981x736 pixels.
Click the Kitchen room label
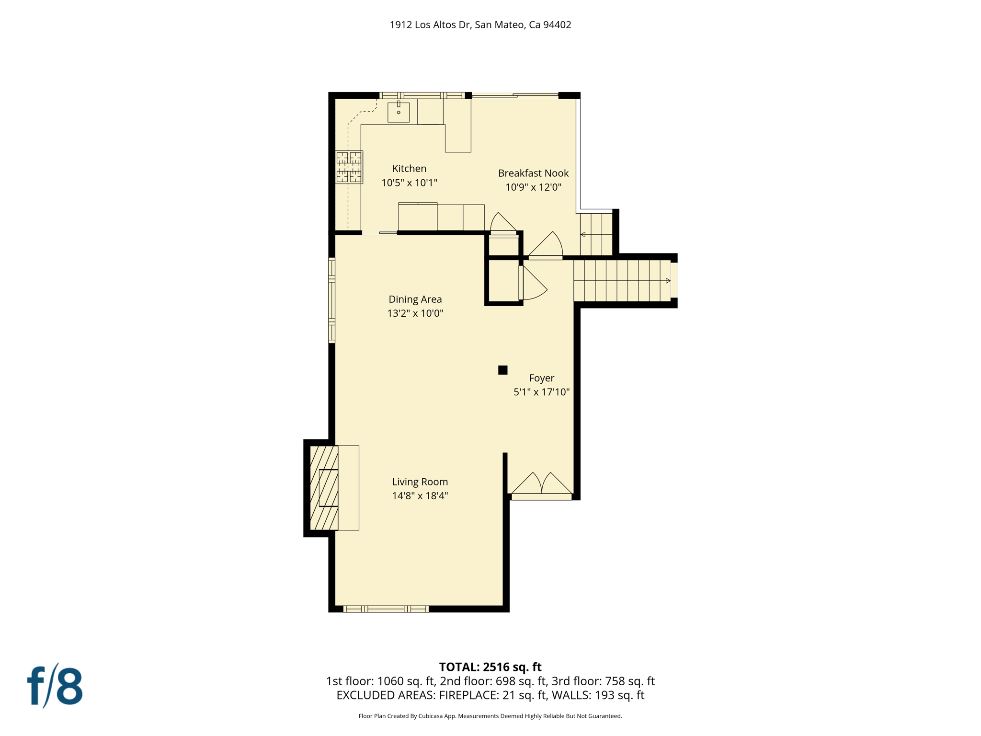click(x=409, y=169)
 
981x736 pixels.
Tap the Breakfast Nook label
click(x=533, y=173)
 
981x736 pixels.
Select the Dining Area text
click(x=415, y=299)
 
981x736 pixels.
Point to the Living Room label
click(x=420, y=482)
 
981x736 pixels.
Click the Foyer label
click(x=541, y=378)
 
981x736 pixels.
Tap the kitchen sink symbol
click(x=399, y=113)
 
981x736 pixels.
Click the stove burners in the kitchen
click(x=349, y=167)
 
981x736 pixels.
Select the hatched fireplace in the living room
click(x=324, y=488)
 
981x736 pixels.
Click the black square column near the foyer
click(x=502, y=370)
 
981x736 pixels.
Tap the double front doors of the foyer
click(x=542, y=485)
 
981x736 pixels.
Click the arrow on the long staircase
click(x=668, y=281)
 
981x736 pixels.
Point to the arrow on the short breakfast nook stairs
click(x=583, y=235)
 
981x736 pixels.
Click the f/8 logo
click(x=55, y=686)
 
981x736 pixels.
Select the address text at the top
click(x=480, y=25)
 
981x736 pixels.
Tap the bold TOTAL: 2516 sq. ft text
click(x=490, y=667)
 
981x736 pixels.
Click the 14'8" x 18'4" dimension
click(x=420, y=496)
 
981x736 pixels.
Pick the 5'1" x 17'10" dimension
click(x=541, y=392)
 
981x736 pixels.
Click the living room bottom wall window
click(x=386, y=609)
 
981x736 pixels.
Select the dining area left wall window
click(x=331, y=300)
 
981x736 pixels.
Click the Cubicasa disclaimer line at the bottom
click(x=490, y=716)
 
